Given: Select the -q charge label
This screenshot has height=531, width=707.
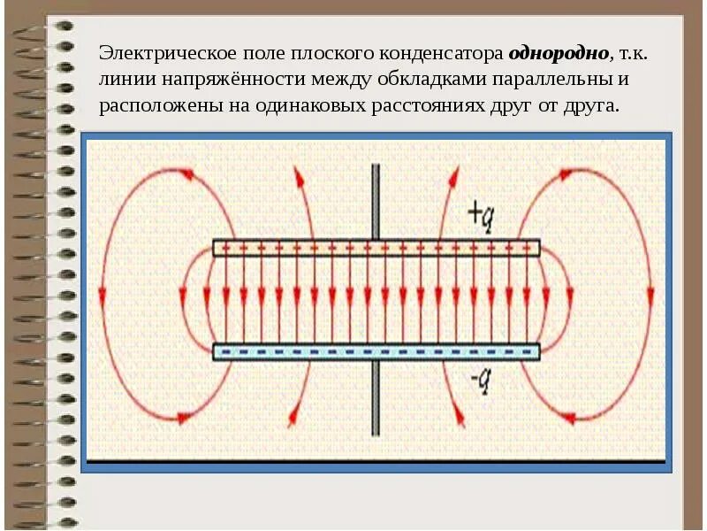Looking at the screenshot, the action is [x=482, y=381].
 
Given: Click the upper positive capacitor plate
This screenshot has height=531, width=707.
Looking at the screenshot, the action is [x=376, y=248].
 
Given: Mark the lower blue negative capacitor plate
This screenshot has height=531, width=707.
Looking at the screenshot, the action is [x=376, y=351].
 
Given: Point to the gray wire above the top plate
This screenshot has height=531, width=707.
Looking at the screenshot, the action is [x=376, y=199].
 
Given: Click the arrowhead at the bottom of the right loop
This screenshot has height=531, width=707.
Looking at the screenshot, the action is [x=569, y=416].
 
